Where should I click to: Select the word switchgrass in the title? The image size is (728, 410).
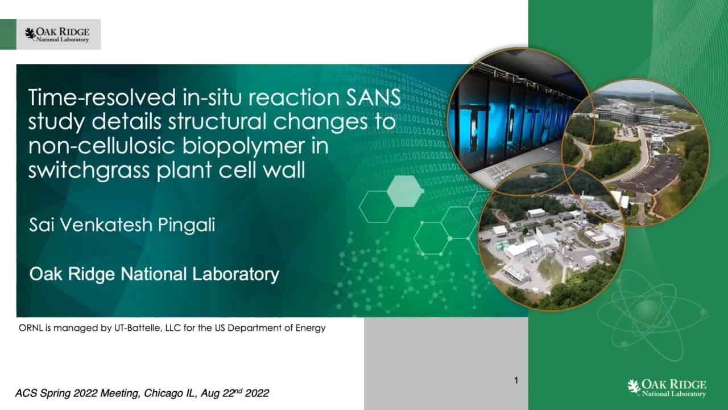pyautogui.click(x=89, y=170)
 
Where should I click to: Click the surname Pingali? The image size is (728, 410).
pyautogui.click(x=187, y=225)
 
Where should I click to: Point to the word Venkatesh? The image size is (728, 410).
pyautogui.click(x=106, y=225)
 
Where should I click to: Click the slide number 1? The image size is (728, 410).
pyautogui.click(x=516, y=380)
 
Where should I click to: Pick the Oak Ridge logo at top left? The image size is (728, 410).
pyautogui.click(x=59, y=35)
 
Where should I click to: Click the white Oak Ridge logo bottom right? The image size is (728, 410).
pyautogui.click(x=667, y=388)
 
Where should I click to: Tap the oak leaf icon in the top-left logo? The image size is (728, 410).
pyautogui.click(x=30, y=34)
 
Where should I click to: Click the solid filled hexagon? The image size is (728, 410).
pyautogui.click(x=405, y=191)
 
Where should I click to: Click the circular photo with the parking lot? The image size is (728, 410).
pyautogui.click(x=635, y=152)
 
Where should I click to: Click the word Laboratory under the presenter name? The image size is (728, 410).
pyautogui.click(x=235, y=274)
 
